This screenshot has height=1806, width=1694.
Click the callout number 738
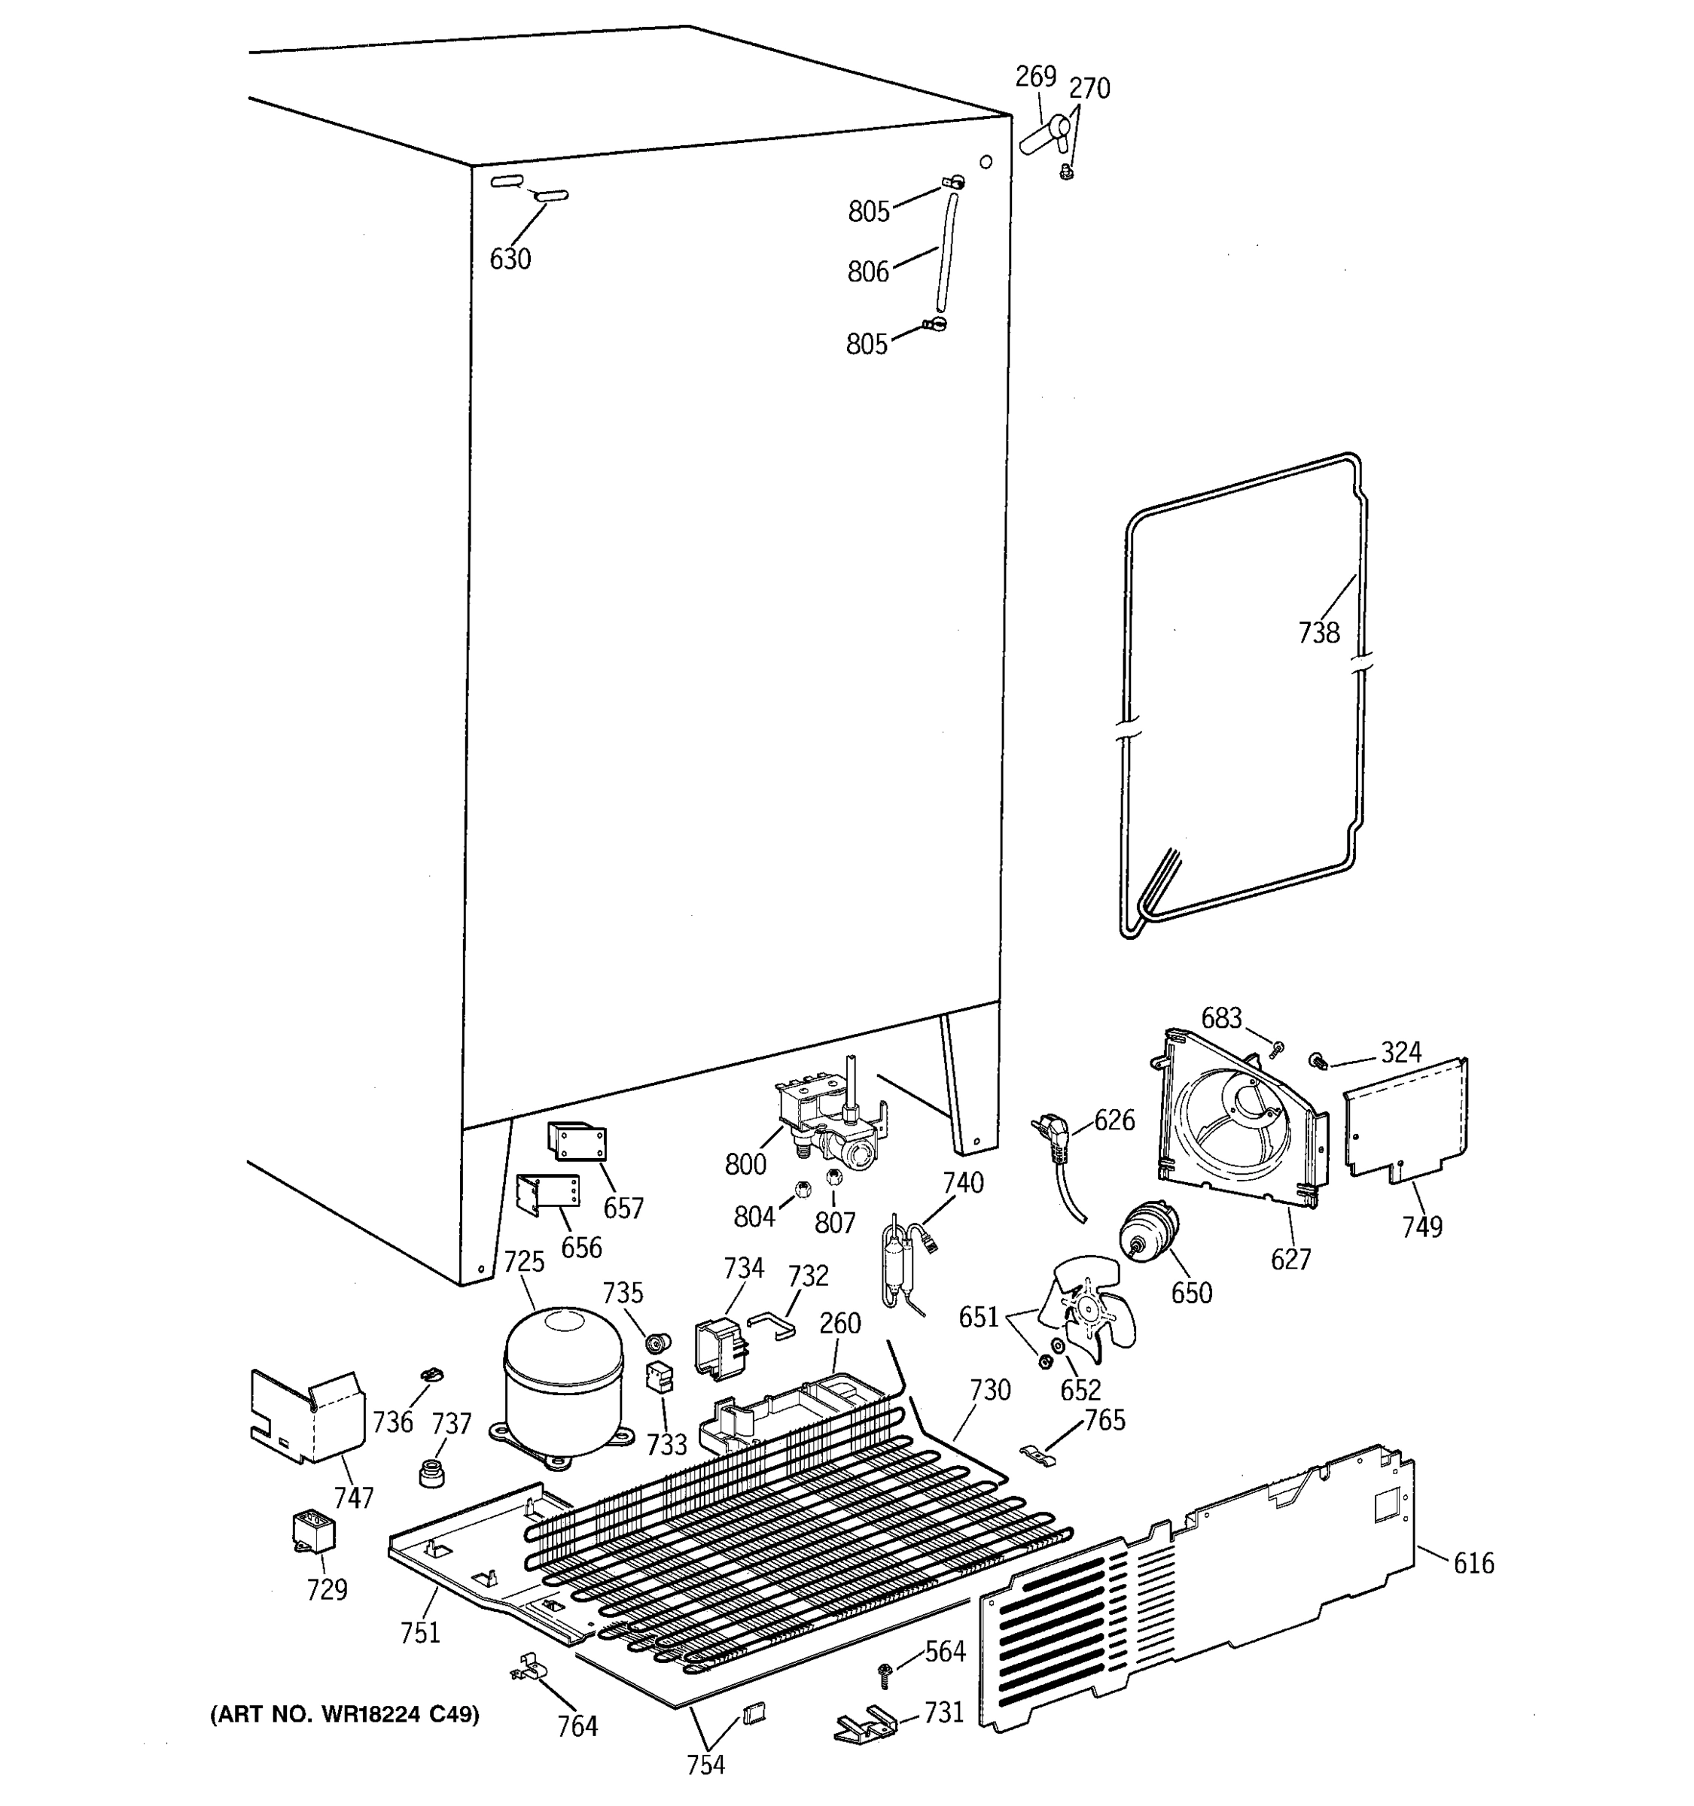pyautogui.click(x=1318, y=632)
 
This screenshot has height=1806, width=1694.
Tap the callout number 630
pyautogui.click(x=510, y=260)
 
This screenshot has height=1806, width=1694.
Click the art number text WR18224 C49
pyautogui.click(x=346, y=1714)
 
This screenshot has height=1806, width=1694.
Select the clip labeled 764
pyautogui.click(x=528, y=1669)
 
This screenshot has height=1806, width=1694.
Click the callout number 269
pyautogui.click(x=1035, y=76)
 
